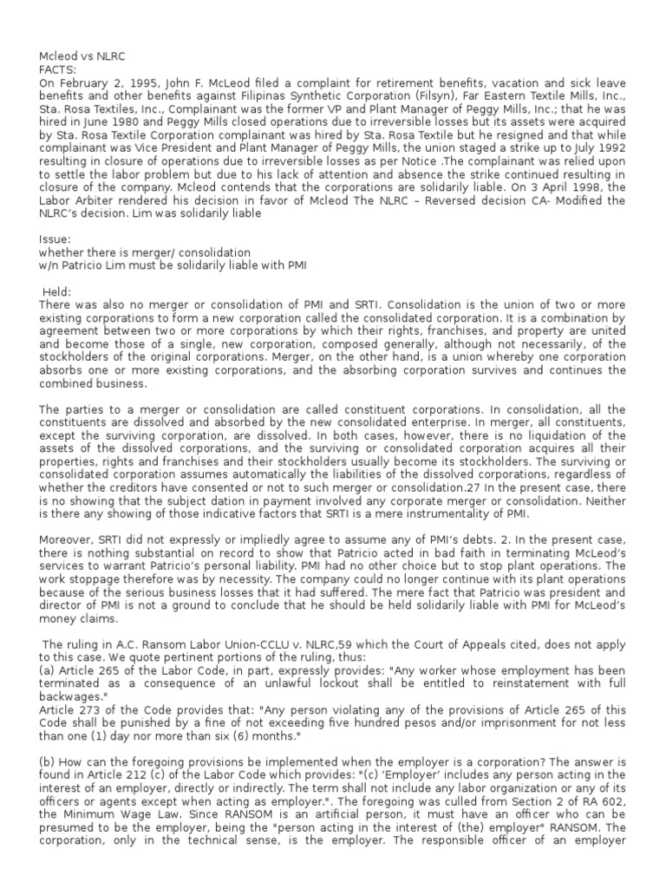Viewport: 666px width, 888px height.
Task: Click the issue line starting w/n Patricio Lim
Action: [x=173, y=264]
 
